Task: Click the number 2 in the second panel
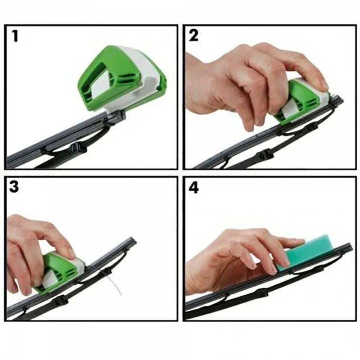(193, 36)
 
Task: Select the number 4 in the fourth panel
(193, 187)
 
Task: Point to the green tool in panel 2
(297, 101)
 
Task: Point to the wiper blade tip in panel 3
(131, 240)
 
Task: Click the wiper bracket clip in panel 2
(265, 154)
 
